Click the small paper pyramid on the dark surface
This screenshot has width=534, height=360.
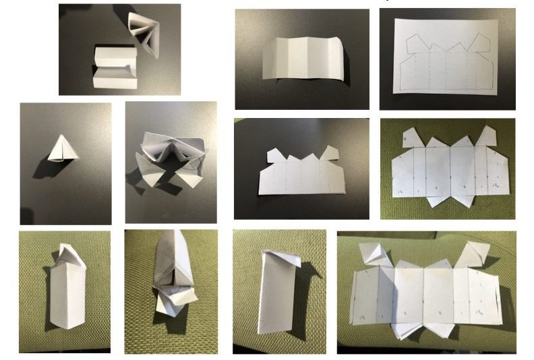pyautogui.click(x=63, y=149)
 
